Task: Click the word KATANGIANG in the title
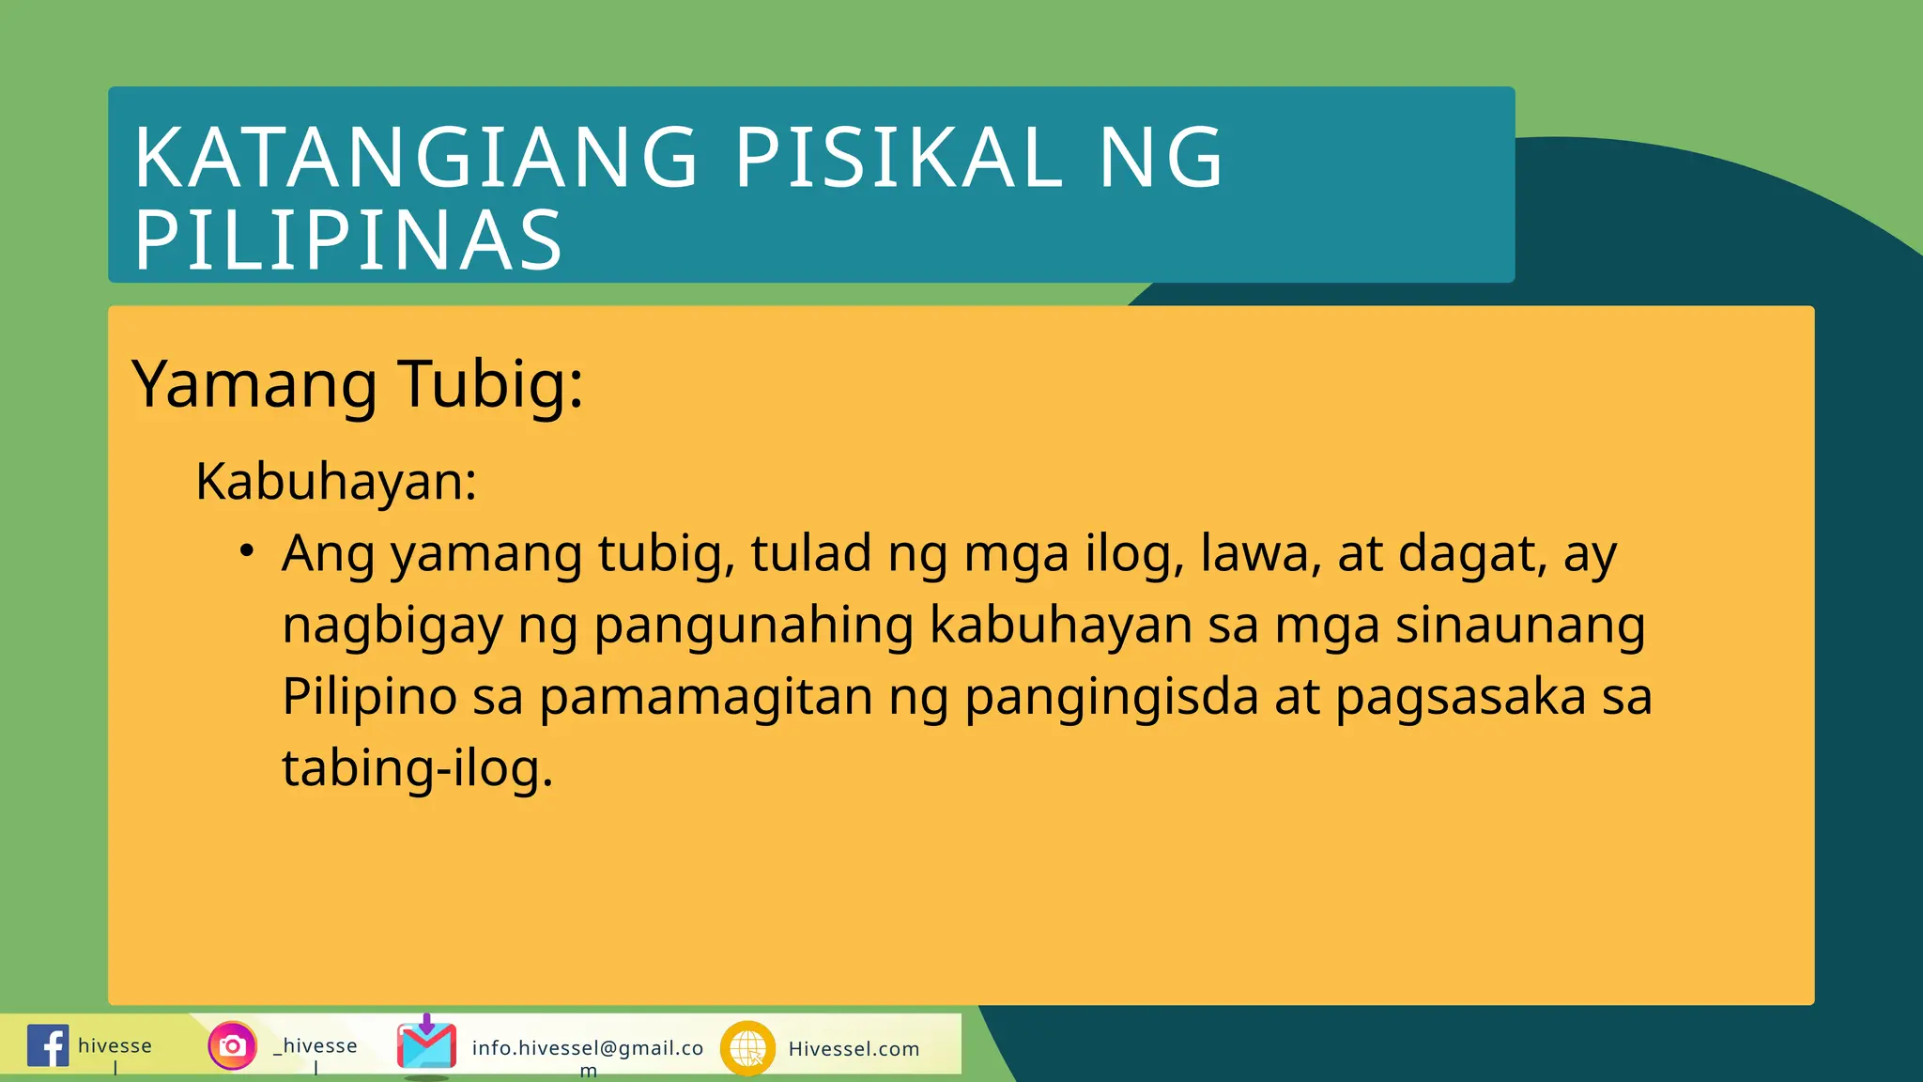pos(416,158)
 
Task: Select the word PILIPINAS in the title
pos(348,240)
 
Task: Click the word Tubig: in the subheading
pos(490,384)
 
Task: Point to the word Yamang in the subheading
pos(254,384)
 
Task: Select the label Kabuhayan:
pos(336,482)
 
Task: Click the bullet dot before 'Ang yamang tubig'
pos(246,550)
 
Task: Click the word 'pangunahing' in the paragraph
pos(754,626)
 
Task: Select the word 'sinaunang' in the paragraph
pos(1520,626)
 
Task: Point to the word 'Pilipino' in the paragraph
pos(369,697)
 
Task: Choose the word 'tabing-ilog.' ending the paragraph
pos(418,769)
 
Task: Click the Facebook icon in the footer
pos(48,1045)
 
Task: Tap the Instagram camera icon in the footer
pos(232,1045)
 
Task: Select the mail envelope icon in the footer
pos(426,1044)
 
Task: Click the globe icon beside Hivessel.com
pos(747,1047)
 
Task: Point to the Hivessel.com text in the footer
pos(854,1049)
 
